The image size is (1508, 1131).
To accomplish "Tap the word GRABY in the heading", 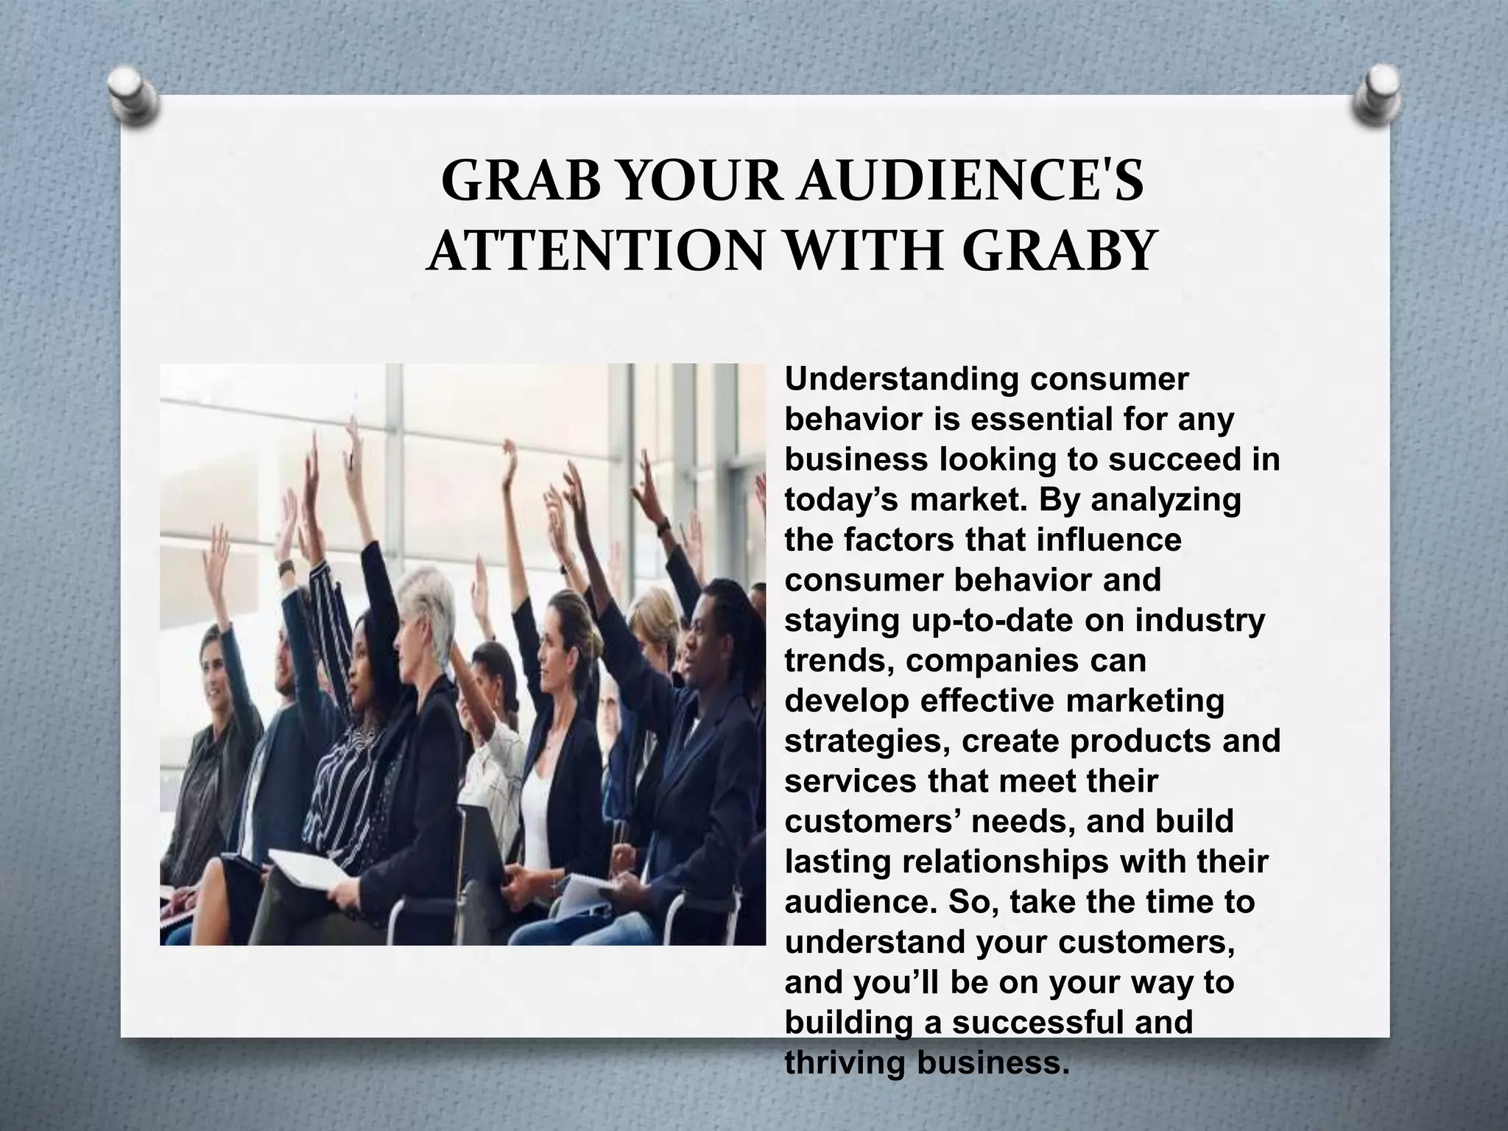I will point(1057,251).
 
